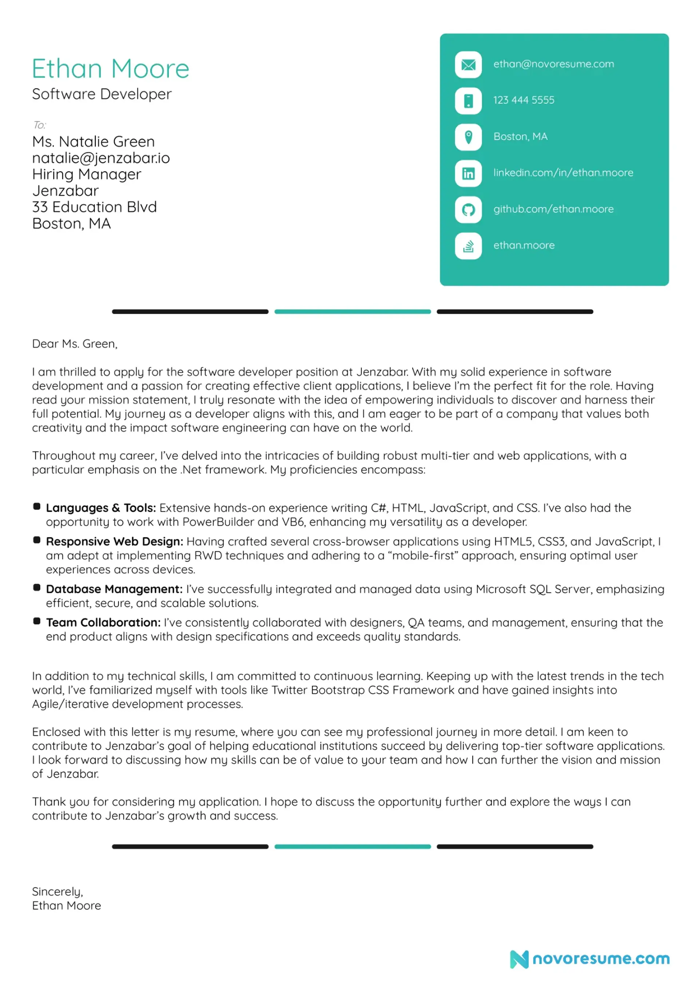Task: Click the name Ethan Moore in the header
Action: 110,69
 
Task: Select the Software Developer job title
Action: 102,94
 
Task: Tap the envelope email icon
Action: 468,64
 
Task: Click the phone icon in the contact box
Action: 468,101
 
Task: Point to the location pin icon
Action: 468,137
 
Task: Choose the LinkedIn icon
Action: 468,173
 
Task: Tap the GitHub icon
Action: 468,209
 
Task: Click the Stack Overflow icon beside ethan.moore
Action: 468,246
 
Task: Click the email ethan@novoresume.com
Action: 553,64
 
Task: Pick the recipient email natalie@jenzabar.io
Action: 101,158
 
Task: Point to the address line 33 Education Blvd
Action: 94,207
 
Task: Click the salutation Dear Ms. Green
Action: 75,344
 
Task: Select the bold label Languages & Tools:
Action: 101,508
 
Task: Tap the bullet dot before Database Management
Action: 37,588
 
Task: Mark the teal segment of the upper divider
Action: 352,311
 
